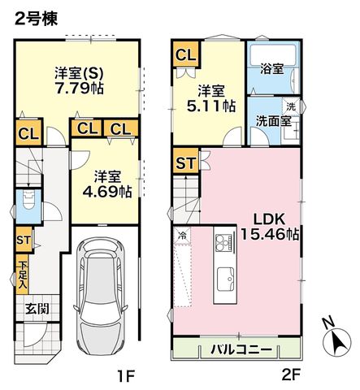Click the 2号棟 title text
[36, 19]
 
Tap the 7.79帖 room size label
[79, 88]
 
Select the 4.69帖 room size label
[107, 192]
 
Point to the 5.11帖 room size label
[211, 106]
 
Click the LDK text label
[269, 219]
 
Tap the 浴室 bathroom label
[272, 69]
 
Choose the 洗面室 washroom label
[274, 121]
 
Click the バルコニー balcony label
[241, 350]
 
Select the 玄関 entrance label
[37, 308]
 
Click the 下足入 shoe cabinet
[22, 275]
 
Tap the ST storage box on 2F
[185, 161]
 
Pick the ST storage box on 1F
[24, 240]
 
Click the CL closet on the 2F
[185, 54]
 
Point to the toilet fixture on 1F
[28, 200]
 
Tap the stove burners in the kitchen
[223, 242]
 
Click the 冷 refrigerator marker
[182, 236]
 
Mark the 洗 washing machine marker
[291, 106]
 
